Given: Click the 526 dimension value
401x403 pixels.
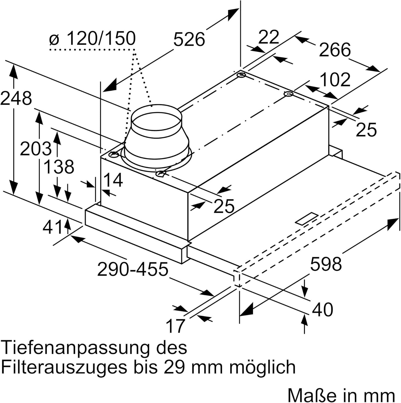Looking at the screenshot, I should coord(189,39).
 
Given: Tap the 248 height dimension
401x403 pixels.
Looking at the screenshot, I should coord(16,98).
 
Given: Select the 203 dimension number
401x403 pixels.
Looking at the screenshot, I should coord(36,149).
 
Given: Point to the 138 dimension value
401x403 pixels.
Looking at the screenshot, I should coord(59,167).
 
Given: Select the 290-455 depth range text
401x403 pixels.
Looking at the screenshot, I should coord(133,269).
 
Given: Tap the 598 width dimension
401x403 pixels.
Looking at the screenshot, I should coord(326,264).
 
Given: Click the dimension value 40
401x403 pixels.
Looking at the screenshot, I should coord(322,309).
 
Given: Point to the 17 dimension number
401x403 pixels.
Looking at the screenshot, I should coord(176,326).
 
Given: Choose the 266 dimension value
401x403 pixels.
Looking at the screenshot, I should coord(335,50).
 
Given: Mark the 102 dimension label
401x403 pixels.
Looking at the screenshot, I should coord(335,80).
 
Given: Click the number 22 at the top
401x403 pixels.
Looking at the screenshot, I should coord(269,37).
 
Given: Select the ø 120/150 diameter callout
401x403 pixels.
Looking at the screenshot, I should coord(92,38).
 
